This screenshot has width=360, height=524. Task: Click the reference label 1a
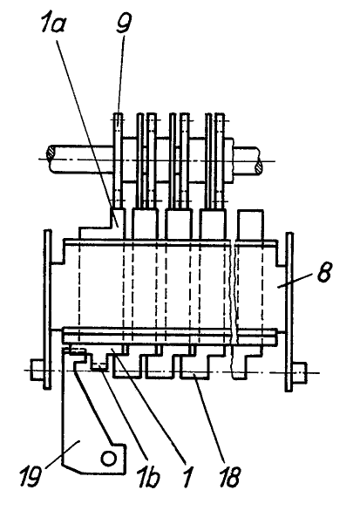pos(53,23)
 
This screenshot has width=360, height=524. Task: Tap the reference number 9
pos(124,22)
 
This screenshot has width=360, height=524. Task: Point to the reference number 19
pos(31,476)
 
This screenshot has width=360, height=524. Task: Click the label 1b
pos(148,477)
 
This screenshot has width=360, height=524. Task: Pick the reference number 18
pos(230,476)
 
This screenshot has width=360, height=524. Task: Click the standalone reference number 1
pos(188,477)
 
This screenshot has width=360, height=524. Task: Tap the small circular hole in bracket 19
pos(109,458)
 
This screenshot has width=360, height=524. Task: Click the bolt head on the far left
pos(37,370)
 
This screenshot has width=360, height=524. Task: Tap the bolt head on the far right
pos(300,372)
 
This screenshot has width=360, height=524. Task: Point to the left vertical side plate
pos(47,309)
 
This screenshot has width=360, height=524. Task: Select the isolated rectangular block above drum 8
pos(250,225)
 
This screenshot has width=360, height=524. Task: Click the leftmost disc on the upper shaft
pos(118,160)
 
